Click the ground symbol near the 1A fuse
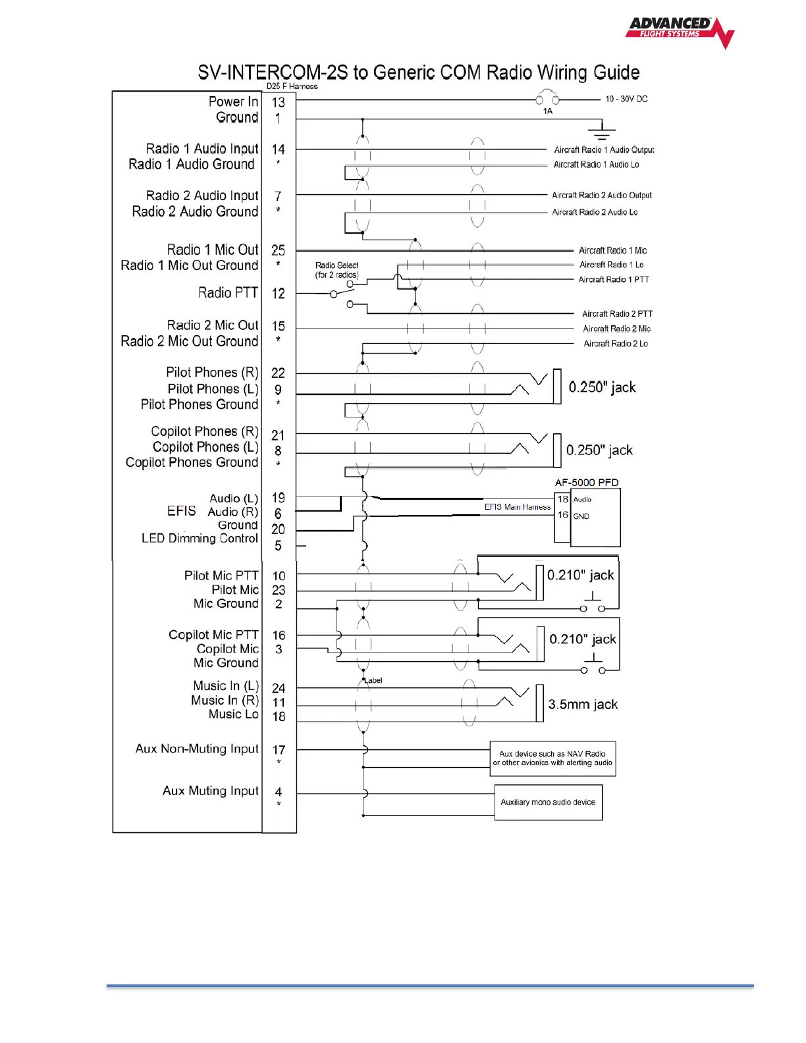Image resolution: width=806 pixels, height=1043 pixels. (601, 130)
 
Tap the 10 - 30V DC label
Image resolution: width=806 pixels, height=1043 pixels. (626, 99)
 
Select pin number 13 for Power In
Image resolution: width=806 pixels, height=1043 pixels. (279, 103)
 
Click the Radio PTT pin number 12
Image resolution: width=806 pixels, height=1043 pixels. (279, 294)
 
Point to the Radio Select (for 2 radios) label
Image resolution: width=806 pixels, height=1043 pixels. (336, 270)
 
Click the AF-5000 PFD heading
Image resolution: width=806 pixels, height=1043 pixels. (587, 483)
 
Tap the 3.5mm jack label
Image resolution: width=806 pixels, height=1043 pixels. (583, 705)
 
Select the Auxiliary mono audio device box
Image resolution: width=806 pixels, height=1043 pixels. (548, 802)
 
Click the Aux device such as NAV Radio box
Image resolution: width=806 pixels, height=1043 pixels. (552, 759)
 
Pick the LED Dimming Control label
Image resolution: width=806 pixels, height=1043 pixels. (200, 539)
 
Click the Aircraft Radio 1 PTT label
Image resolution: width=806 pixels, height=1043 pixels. (614, 280)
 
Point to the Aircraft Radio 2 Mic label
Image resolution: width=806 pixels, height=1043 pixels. (616, 329)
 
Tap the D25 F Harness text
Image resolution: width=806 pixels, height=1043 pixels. (292, 86)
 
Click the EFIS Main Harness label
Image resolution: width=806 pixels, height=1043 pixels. (518, 507)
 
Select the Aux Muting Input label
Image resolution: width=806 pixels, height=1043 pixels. (211, 791)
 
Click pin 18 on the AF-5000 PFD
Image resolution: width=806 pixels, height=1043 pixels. (563, 499)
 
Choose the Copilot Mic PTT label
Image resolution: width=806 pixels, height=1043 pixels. (213, 635)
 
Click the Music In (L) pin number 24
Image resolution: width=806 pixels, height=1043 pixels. (279, 688)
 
